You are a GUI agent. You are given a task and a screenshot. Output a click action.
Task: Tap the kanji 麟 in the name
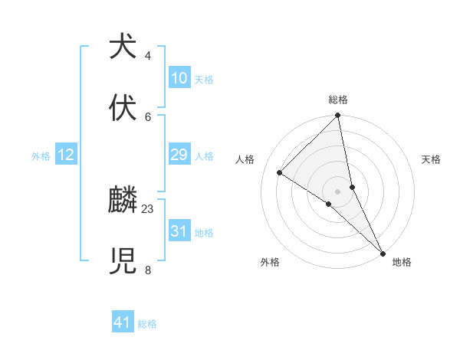coord(123,201)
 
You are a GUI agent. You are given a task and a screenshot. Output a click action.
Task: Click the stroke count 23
coord(148,208)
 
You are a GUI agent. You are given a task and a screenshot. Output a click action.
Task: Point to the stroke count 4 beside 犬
coord(148,56)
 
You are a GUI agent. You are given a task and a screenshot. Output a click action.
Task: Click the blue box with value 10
coord(179,78)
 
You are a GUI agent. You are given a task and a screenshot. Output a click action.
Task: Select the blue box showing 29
coord(179,155)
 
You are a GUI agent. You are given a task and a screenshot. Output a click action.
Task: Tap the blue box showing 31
coord(179,231)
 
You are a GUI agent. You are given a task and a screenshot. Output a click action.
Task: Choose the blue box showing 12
coord(66,155)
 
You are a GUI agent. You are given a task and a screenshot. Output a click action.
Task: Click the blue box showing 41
coord(123,322)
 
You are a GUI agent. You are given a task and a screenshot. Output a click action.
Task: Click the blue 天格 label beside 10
coord(204,80)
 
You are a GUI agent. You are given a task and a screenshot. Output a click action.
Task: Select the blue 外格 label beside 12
coord(41,156)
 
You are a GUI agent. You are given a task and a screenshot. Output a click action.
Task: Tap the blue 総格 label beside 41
coord(147,324)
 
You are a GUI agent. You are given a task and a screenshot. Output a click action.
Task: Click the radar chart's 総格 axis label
coord(338,100)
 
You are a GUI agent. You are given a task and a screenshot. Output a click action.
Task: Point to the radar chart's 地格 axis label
coord(402,262)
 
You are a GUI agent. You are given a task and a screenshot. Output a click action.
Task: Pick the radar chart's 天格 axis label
coord(431,159)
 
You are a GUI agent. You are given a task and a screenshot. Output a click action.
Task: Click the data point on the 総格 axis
coord(338,116)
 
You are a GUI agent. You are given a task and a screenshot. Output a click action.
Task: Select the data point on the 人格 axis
coord(280,172)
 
